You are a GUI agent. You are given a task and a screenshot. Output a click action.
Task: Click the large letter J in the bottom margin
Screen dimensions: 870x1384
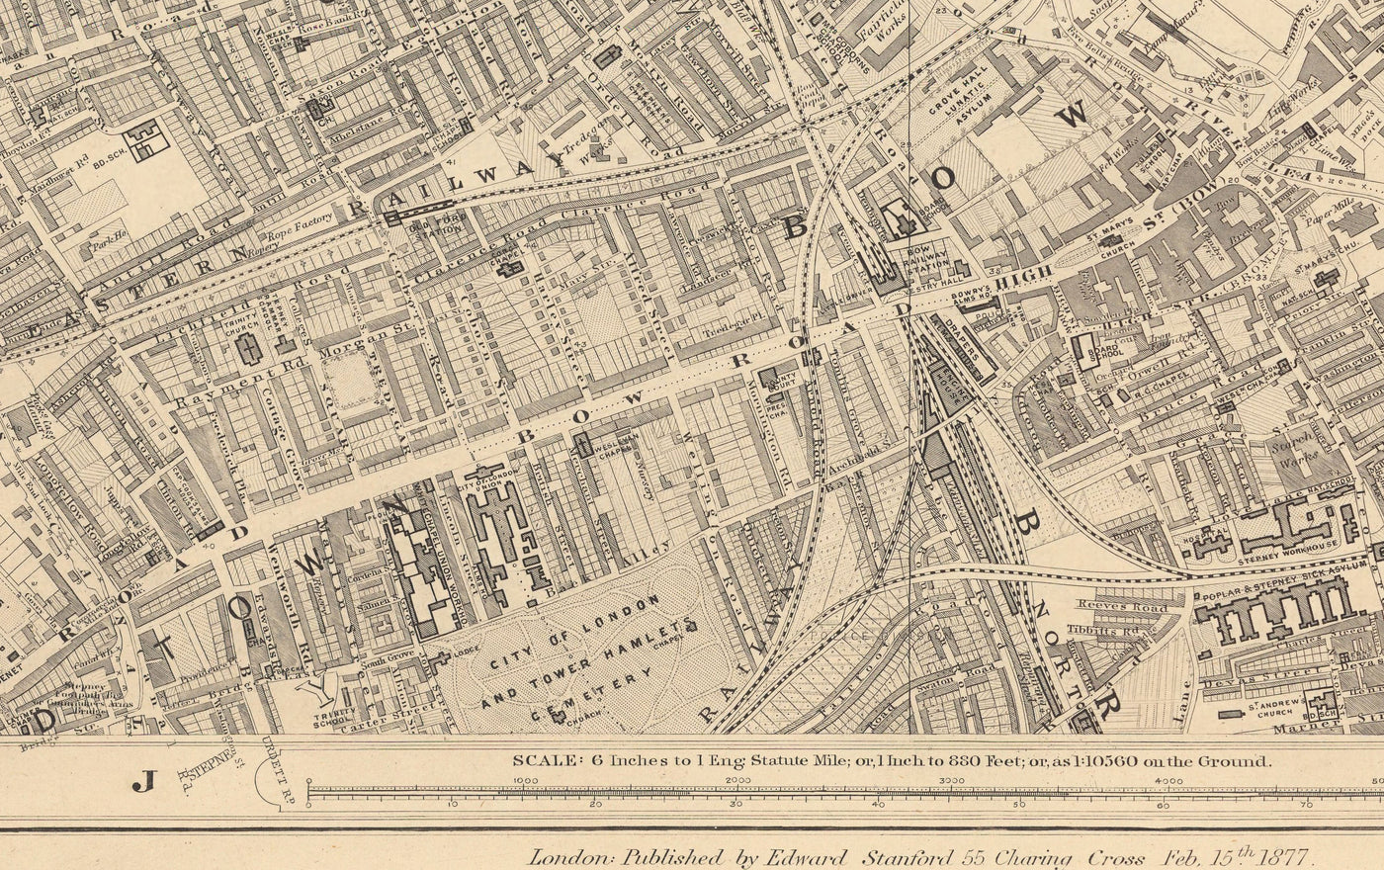[x=144, y=784]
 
